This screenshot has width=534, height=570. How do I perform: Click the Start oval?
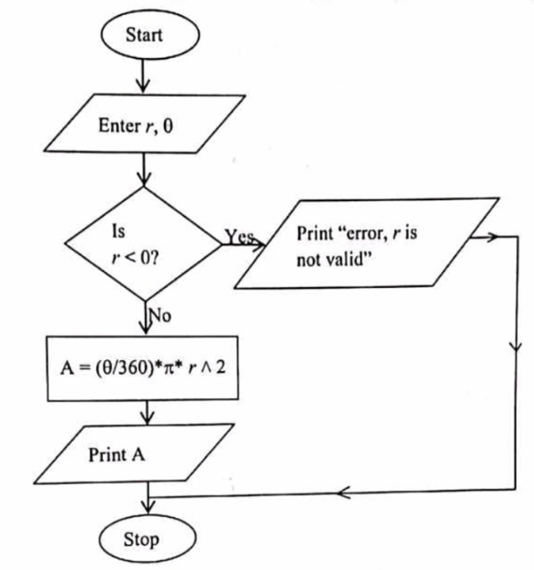pyautogui.click(x=150, y=35)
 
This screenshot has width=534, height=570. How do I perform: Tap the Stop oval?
pyautogui.click(x=147, y=539)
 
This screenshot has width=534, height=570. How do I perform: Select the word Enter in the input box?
pyautogui.click(x=120, y=126)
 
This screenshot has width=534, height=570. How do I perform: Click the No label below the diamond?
pyautogui.click(x=160, y=315)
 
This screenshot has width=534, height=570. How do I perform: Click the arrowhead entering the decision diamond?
pyautogui.click(x=144, y=179)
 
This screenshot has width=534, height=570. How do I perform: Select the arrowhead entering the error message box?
pyautogui.click(x=258, y=245)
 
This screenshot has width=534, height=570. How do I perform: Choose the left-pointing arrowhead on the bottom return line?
pyautogui.click(x=343, y=493)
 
